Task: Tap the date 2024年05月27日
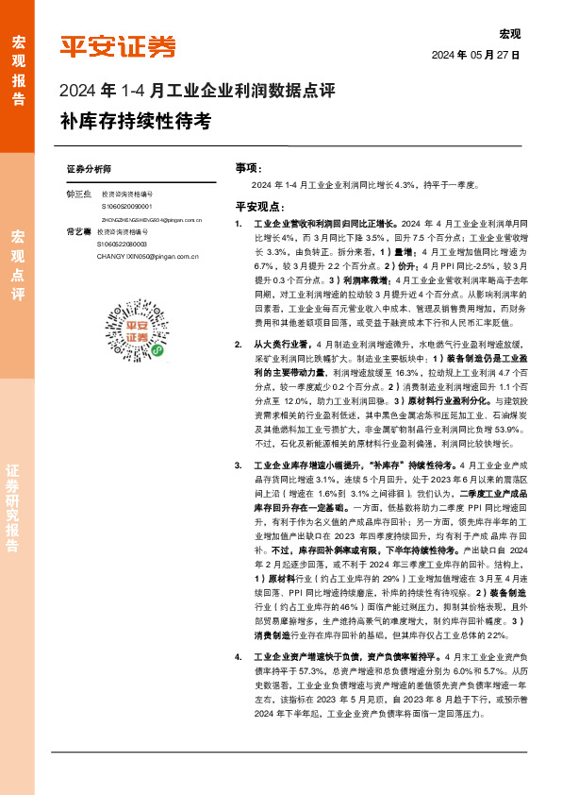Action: click(475, 55)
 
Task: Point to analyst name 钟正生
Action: click(79, 194)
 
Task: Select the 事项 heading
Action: click(247, 167)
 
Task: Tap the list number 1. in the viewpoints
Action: click(239, 225)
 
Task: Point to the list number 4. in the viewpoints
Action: click(239, 655)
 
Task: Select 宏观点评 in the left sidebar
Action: click(19, 263)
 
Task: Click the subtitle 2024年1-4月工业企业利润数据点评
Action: click(197, 92)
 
